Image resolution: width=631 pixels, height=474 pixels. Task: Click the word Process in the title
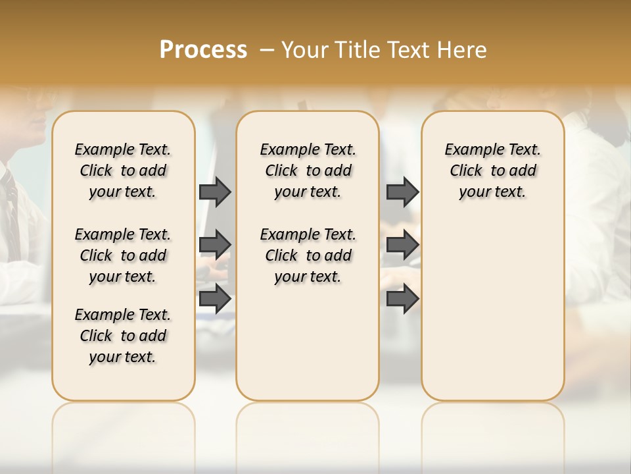(x=203, y=50)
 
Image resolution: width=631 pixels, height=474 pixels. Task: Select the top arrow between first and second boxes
(x=215, y=192)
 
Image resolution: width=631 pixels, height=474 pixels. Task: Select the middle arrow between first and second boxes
(x=215, y=245)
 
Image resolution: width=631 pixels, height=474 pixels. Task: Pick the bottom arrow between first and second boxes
(x=215, y=298)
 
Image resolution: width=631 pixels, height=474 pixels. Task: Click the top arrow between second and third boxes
(x=402, y=192)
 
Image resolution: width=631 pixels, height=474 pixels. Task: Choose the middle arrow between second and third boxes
(x=402, y=245)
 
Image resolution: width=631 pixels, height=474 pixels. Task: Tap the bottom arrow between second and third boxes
(x=402, y=298)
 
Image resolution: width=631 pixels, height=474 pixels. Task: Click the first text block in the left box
(x=123, y=171)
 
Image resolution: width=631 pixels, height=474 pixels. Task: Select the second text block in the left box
(x=123, y=255)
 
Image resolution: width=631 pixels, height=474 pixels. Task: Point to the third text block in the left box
(x=123, y=336)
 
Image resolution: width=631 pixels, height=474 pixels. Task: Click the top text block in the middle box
(x=308, y=171)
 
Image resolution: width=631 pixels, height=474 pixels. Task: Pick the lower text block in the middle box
(x=308, y=255)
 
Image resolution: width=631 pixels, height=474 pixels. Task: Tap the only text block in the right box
(x=492, y=171)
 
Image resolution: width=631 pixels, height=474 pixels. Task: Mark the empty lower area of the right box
(x=492, y=309)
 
